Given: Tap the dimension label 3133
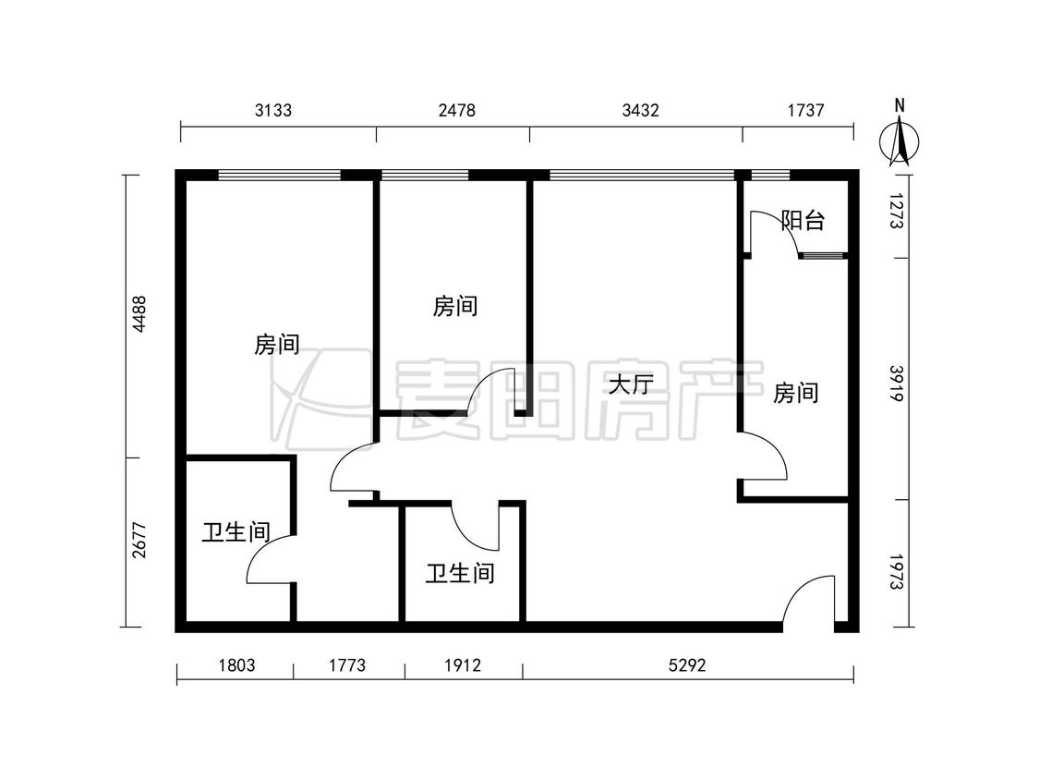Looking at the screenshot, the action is pos(273,110).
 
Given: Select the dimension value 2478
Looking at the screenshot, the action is pos(456,110).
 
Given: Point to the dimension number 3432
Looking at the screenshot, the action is pos(640,110).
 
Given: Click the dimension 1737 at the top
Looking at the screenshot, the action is pos(805,110).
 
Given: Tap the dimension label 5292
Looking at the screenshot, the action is pos(687,664).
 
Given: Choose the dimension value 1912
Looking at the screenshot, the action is pos(463,664).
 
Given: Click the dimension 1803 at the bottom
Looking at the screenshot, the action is pos(236,664).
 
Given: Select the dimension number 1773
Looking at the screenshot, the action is pos(346,664).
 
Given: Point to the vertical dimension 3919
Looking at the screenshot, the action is pos(897,384).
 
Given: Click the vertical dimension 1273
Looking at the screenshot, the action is pos(897,211).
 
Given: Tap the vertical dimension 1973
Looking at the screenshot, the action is pos(897,572).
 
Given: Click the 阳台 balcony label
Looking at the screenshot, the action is pos(803,220).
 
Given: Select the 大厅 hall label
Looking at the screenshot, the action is pos(631,384).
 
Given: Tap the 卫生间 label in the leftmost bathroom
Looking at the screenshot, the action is pos(236,532).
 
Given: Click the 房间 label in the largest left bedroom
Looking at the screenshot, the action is pos(276,344).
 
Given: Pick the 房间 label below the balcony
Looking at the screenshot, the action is pos(796,393).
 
